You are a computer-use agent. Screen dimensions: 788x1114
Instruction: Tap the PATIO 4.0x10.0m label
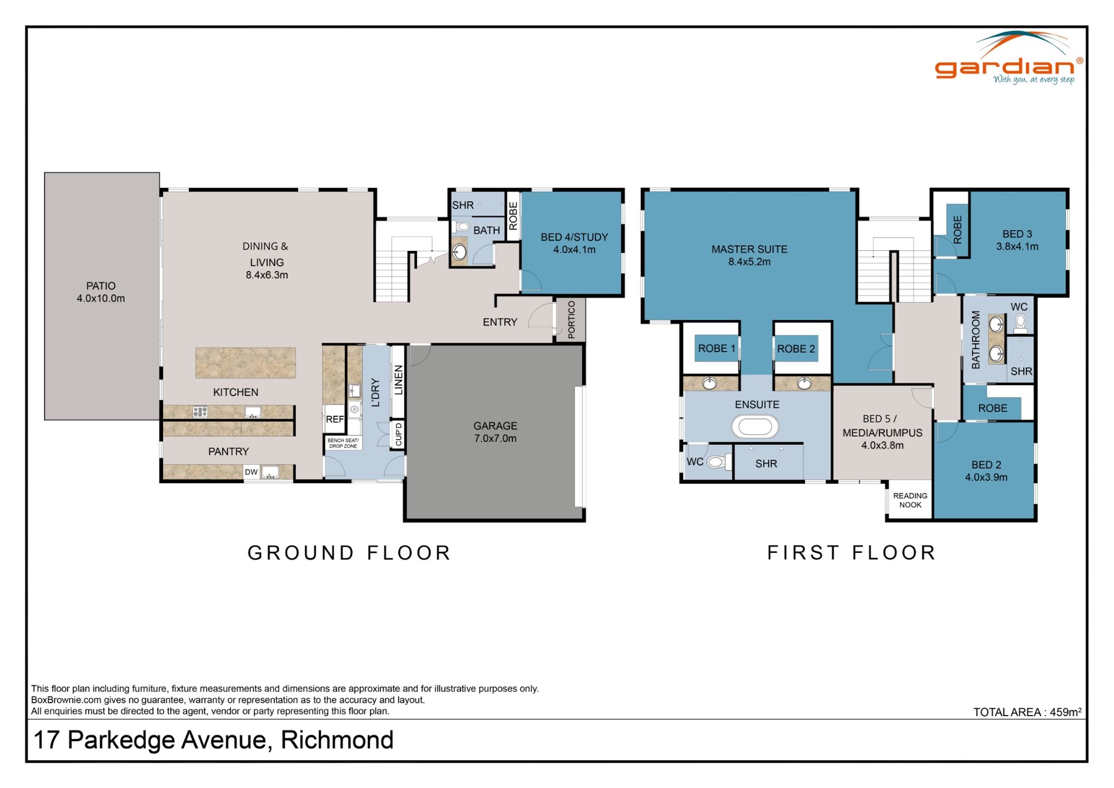pyautogui.click(x=101, y=292)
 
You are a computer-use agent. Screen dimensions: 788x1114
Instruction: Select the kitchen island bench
pyautogui.click(x=245, y=363)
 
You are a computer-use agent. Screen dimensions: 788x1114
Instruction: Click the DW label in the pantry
pyautogui.click(x=251, y=472)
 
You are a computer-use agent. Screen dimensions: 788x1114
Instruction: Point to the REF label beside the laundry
pyautogui.click(x=335, y=419)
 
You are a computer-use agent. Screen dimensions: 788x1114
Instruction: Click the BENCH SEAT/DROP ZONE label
pyautogui.click(x=343, y=443)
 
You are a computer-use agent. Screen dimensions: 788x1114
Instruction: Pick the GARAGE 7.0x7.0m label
pyautogui.click(x=495, y=432)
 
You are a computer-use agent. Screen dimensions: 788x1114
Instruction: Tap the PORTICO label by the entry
pyautogui.click(x=571, y=320)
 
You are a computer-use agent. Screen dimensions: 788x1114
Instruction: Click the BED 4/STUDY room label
pyautogui.click(x=574, y=243)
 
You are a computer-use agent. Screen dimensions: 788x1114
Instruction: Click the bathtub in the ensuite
pyautogui.click(x=755, y=427)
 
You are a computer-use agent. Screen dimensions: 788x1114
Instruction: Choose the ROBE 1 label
pyautogui.click(x=716, y=348)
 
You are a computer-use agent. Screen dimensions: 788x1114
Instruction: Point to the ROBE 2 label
pyautogui.click(x=796, y=349)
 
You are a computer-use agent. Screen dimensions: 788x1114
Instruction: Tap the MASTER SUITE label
pyautogui.click(x=749, y=255)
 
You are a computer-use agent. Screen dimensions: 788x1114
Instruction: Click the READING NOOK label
pyautogui.click(x=910, y=500)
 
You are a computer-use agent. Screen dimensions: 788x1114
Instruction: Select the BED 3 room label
pyautogui.click(x=1017, y=240)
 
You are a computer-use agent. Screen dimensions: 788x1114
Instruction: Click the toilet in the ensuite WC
pyautogui.click(x=716, y=461)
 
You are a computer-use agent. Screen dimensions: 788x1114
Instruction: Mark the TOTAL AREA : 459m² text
pyautogui.click(x=1027, y=712)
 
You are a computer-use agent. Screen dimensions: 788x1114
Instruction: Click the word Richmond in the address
pyautogui.click(x=337, y=740)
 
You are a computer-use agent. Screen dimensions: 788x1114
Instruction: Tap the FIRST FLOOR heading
pyautogui.click(x=852, y=553)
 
